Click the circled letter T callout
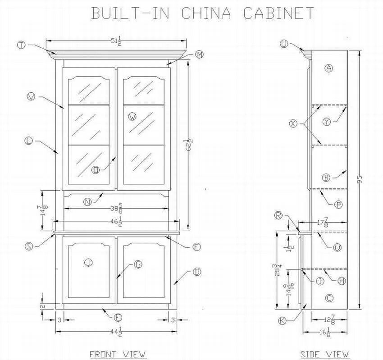21,45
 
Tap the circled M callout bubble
200,55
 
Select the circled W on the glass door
132,117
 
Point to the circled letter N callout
87,202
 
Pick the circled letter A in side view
328,68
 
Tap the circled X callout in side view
294,123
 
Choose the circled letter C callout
329,298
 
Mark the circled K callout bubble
282,320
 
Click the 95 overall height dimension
360,179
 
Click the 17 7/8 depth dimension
322,223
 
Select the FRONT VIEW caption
118,354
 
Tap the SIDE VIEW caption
325,354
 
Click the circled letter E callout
118,318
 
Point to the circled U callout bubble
283,44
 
